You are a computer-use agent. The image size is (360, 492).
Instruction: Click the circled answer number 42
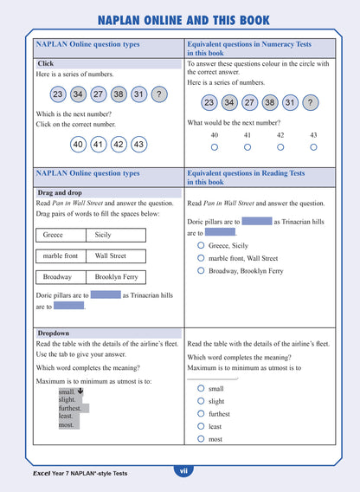pyautogui.click(x=118, y=145)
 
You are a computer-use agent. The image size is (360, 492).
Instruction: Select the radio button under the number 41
pyautogui.click(x=247, y=147)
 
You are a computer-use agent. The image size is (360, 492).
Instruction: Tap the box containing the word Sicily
pyautogui.click(x=115, y=235)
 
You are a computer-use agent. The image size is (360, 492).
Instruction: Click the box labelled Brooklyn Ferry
pyautogui.click(x=115, y=276)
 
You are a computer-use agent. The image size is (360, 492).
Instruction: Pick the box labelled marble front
pyautogui.click(x=61, y=256)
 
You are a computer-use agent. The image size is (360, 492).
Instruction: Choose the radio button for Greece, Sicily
pyautogui.click(x=201, y=245)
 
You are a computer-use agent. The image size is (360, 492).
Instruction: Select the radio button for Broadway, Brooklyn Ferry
pyautogui.click(x=201, y=271)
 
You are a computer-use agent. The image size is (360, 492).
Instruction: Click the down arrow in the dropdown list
pyautogui.click(x=80, y=392)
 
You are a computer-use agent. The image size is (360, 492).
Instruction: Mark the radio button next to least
pyautogui.click(x=201, y=426)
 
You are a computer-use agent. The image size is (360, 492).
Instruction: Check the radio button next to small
pyautogui.click(x=201, y=389)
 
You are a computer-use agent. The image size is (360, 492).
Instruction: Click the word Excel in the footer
pyautogui.click(x=45, y=474)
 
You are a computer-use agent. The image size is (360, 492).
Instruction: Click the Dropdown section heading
pyautogui.click(x=53, y=333)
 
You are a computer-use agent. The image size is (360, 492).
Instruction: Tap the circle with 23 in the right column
pyautogui.click(x=209, y=103)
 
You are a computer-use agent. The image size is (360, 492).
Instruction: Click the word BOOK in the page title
pyautogui.click(x=249, y=20)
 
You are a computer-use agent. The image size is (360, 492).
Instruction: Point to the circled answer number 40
pyautogui.click(x=78, y=145)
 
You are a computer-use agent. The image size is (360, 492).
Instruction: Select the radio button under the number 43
pyautogui.click(x=313, y=147)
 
